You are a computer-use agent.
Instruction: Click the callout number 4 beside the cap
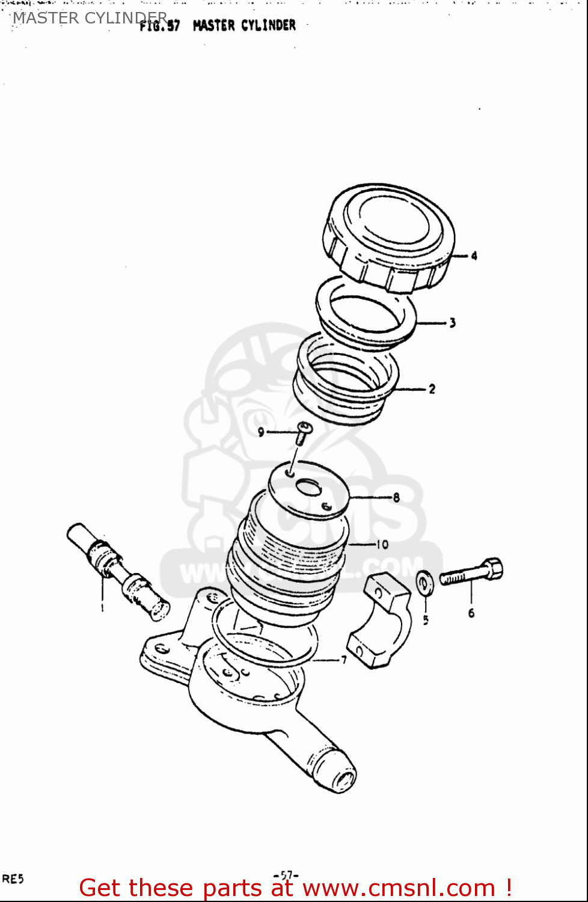[474, 256]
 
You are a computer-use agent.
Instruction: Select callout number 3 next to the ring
[452, 323]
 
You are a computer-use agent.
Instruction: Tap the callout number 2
[432, 389]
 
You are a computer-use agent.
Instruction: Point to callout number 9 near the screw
[260, 432]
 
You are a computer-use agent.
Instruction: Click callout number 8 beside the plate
[396, 497]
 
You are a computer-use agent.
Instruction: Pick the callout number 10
[382, 544]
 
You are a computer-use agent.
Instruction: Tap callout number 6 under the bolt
[471, 613]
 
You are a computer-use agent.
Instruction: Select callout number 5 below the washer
[426, 619]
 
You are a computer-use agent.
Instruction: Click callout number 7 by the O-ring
[344, 660]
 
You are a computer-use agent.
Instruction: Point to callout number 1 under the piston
[102, 607]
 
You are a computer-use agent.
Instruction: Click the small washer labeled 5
[424, 582]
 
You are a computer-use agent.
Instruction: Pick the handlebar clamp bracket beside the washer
[380, 619]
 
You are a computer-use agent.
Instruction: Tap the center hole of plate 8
[308, 487]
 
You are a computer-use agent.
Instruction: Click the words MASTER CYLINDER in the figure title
[244, 26]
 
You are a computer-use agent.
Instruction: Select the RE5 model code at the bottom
[13, 879]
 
